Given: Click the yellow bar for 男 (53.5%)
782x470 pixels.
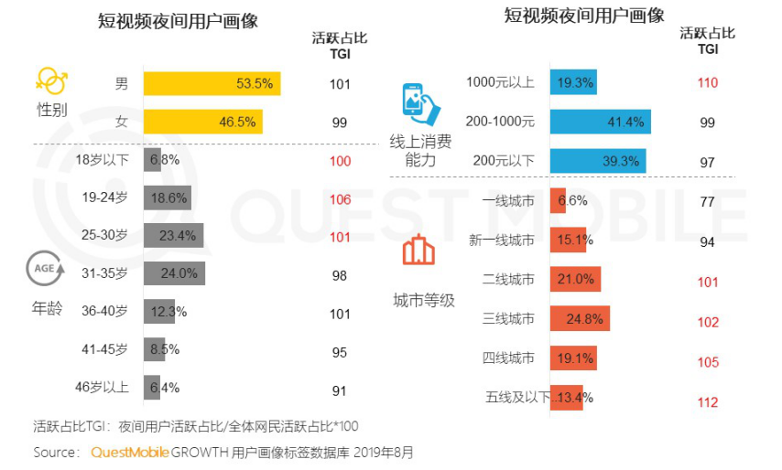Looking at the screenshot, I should (212, 83).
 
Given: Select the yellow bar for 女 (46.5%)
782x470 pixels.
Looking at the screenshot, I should (202, 122).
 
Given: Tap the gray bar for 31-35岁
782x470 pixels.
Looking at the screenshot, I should (174, 273).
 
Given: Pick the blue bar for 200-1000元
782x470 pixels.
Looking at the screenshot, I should (600, 122).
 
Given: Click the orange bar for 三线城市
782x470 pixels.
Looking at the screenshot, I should (580, 318).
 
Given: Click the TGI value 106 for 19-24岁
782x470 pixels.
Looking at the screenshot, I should (340, 198).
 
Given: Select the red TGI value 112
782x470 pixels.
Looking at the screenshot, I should (707, 402).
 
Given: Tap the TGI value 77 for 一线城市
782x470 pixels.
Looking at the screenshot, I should (707, 201).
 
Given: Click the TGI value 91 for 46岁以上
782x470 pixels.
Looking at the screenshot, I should (340, 391).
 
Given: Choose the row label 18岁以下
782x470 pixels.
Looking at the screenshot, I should (102, 159).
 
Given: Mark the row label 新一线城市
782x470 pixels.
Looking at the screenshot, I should (502, 240).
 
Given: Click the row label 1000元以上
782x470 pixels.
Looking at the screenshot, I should (500, 82).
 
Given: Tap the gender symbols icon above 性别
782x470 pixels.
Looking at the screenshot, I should (51, 80).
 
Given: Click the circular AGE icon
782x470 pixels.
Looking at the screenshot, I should (48, 271).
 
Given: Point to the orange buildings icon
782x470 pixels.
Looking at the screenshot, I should (420, 250).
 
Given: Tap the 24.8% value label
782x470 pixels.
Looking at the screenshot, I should (584, 318).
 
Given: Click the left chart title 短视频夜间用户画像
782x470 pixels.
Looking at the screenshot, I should (178, 21).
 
